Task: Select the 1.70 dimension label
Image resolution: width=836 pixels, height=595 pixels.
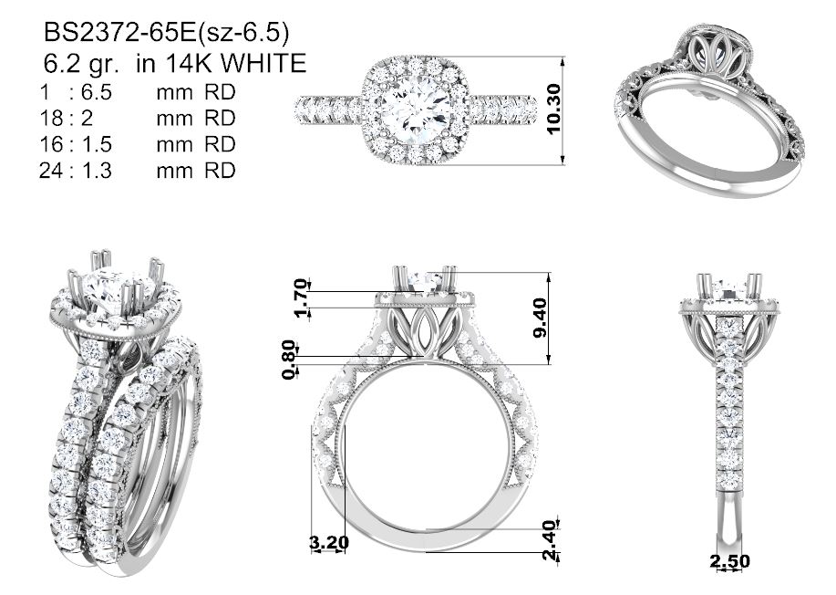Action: click(302, 297)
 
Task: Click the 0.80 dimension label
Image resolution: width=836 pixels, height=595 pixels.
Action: click(288, 359)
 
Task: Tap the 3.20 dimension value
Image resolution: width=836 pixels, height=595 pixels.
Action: click(329, 543)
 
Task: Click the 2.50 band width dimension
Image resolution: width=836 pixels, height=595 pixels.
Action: click(729, 561)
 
